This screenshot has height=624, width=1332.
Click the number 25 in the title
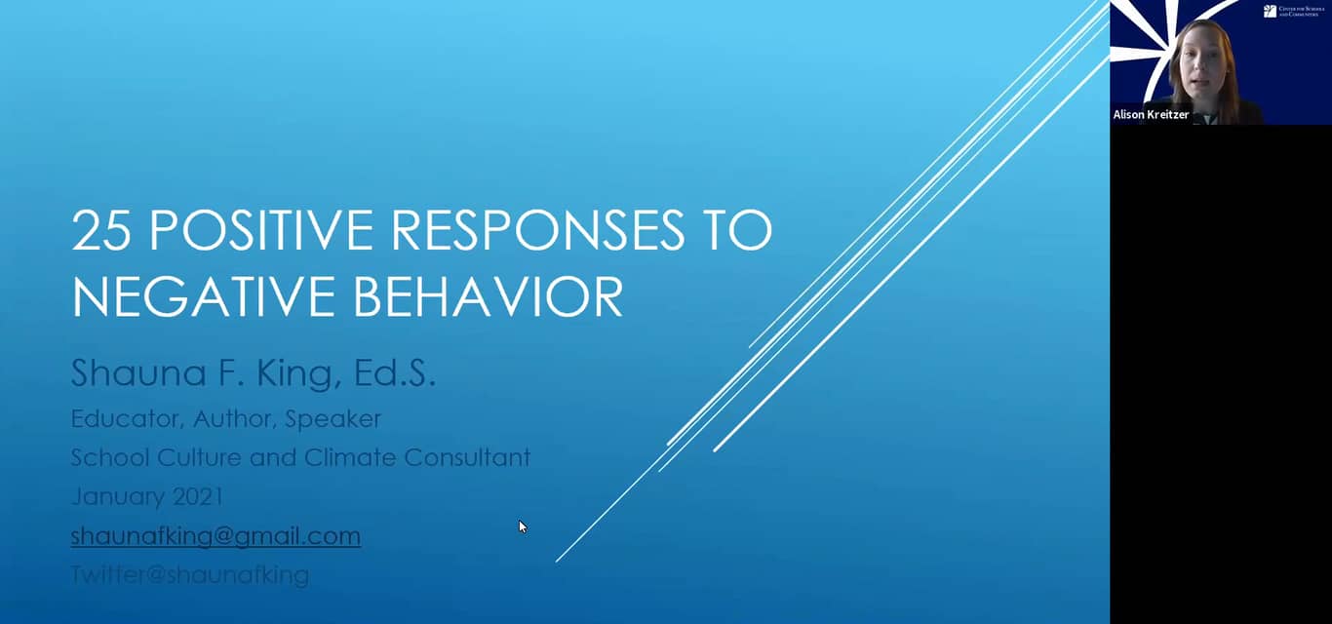102,230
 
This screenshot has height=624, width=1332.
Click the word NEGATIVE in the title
195,296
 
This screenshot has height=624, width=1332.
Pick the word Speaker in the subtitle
334,419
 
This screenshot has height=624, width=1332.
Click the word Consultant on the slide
467,457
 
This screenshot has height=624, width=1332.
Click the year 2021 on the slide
198,496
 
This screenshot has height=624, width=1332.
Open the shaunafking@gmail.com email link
215,536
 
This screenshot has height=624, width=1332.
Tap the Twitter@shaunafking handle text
190,575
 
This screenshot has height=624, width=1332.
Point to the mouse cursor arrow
522,526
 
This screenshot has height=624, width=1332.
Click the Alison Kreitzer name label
1151,115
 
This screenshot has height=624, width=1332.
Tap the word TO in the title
739,230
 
